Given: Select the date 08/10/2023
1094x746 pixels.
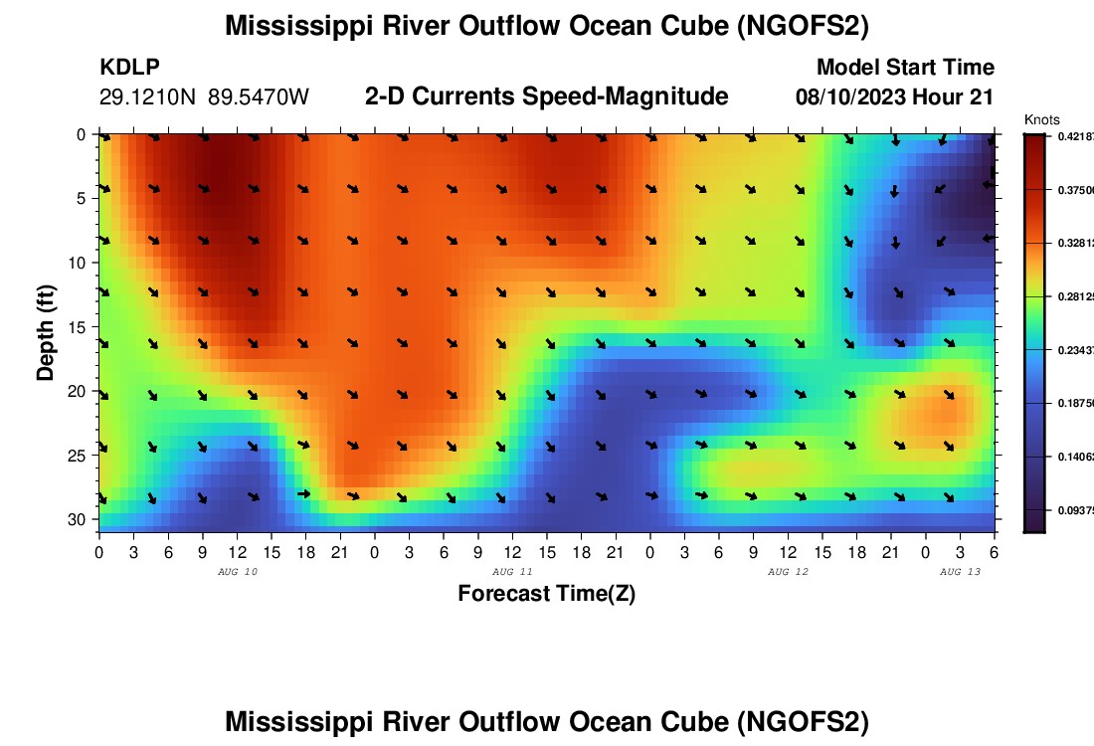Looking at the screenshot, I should point(852,97).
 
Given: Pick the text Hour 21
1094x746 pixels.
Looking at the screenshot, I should point(957,97).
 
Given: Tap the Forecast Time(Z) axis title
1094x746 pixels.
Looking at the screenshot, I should point(546,594).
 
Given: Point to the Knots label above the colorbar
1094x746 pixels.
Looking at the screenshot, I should point(1041,120).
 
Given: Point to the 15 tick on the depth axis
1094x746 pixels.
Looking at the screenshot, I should point(80,327).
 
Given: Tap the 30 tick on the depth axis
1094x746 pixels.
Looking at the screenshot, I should point(80,520).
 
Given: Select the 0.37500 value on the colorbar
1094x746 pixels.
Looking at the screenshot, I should point(1074,189).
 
